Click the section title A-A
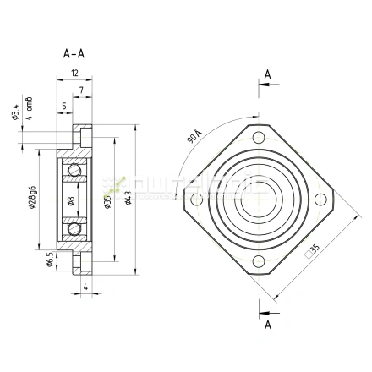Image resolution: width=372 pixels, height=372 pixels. pos(74,53)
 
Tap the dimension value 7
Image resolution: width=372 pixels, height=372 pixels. pos(81,90)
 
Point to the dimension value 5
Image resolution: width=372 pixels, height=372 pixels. pos(64,106)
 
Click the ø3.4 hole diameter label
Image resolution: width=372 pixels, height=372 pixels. pos(15,111)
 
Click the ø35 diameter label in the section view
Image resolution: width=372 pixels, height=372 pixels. pos(107,200)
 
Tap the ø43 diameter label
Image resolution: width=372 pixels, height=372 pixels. pos(128,200)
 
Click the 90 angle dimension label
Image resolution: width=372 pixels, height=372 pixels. pos(194,135)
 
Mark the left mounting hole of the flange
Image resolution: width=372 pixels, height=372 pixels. pos(196,200)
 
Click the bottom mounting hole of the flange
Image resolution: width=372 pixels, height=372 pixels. pos(257,262)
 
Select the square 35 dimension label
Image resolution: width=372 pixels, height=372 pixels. pos(312,249)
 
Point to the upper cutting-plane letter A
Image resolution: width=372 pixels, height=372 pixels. pos(267,75)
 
